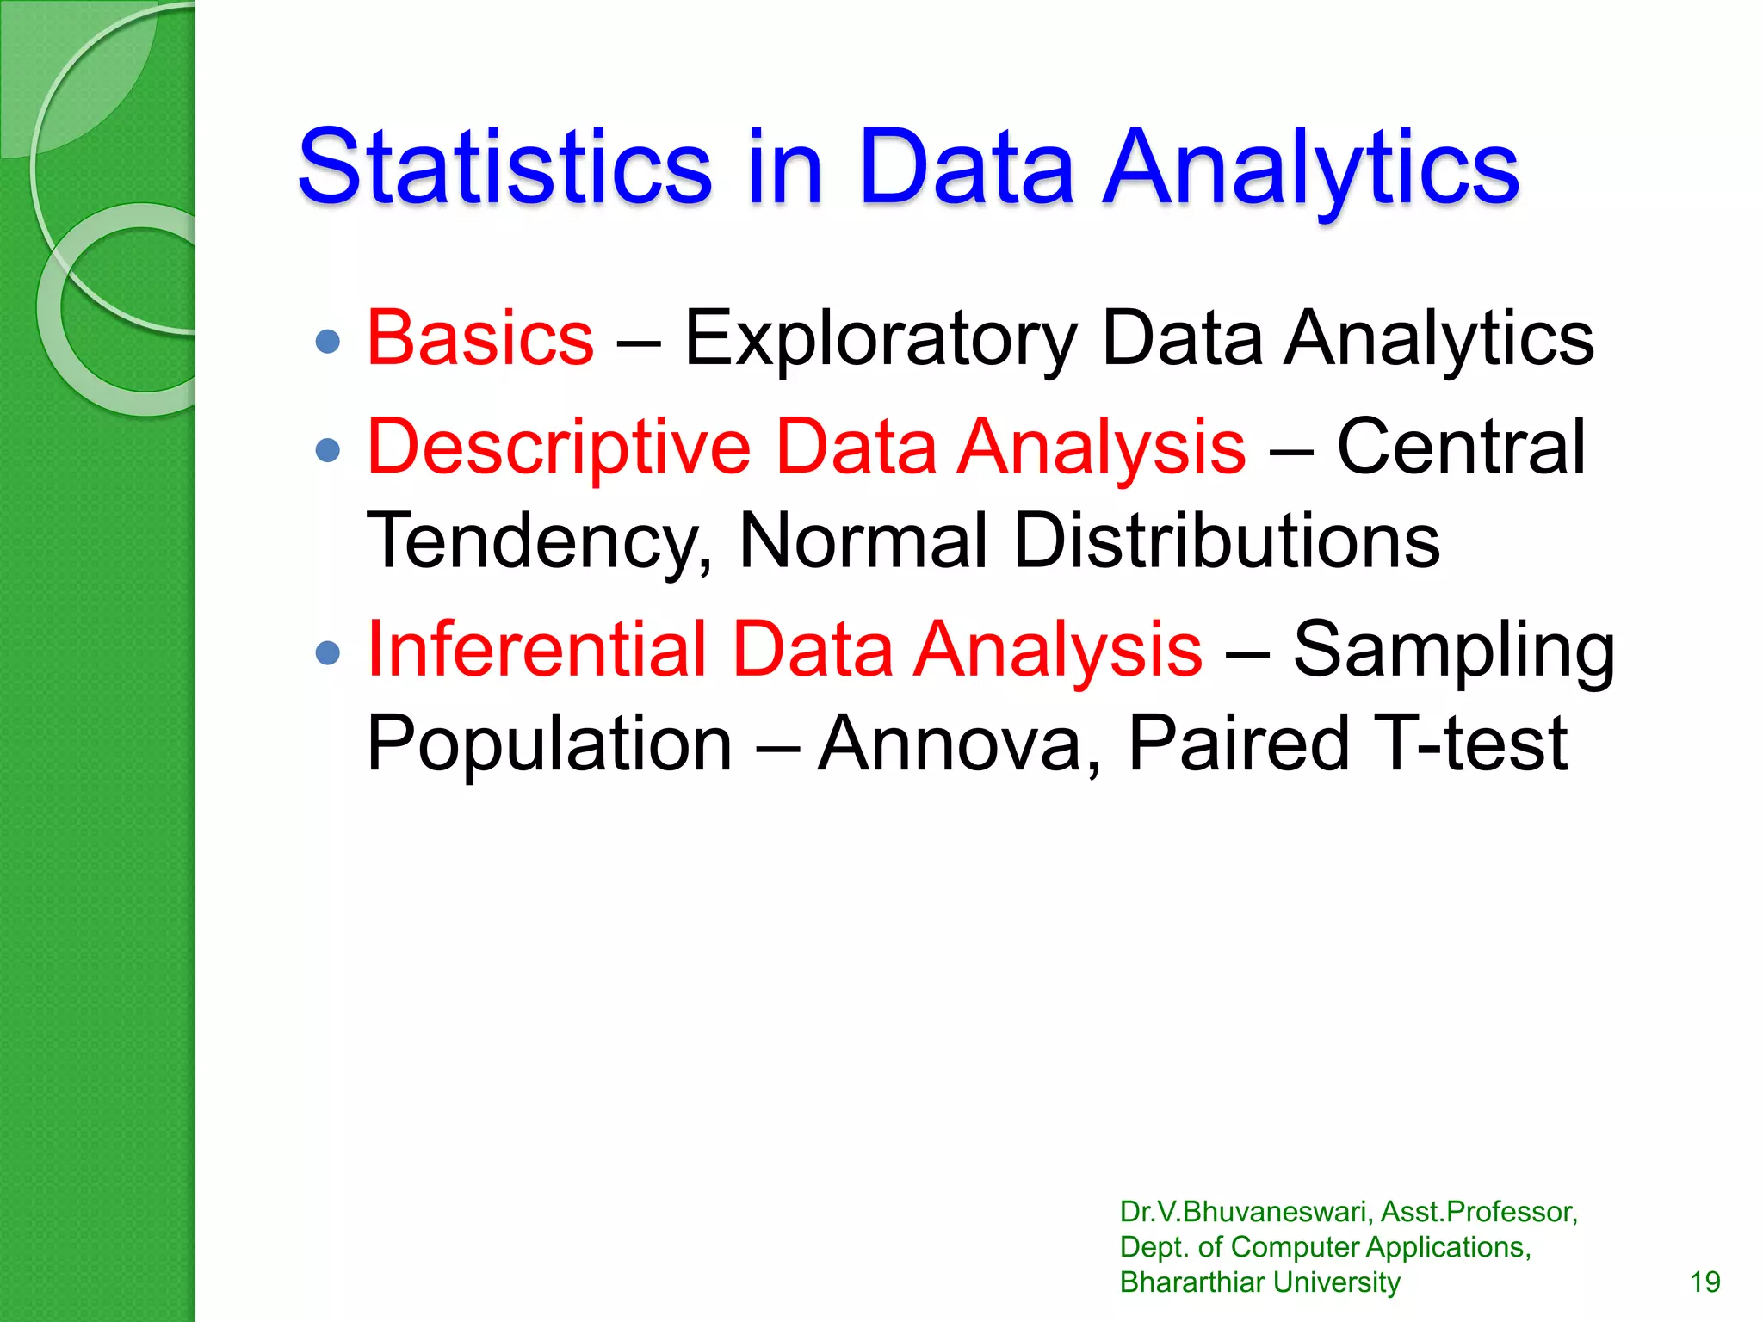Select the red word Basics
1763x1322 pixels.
click(x=480, y=338)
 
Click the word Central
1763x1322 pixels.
click(x=1460, y=447)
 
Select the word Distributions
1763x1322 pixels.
click(x=1226, y=541)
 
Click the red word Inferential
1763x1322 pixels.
click(x=536, y=649)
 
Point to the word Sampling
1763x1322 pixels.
click(x=1453, y=651)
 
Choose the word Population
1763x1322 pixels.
click(x=549, y=744)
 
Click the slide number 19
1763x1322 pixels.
click(x=1704, y=1282)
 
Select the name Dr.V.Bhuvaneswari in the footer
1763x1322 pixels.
click(x=1246, y=1212)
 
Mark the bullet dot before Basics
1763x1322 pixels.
click(x=328, y=342)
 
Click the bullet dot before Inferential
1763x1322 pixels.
click(x=328, y=652)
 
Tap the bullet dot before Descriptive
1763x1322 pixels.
click(x=328, y=449)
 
